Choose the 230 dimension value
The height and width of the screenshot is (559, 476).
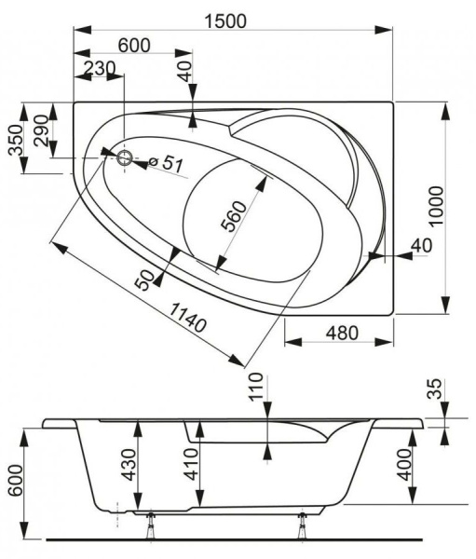coord(99,68)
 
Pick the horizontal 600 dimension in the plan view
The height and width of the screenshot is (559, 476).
coord(134,45)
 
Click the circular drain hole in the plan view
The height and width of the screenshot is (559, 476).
coord(123,157)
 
